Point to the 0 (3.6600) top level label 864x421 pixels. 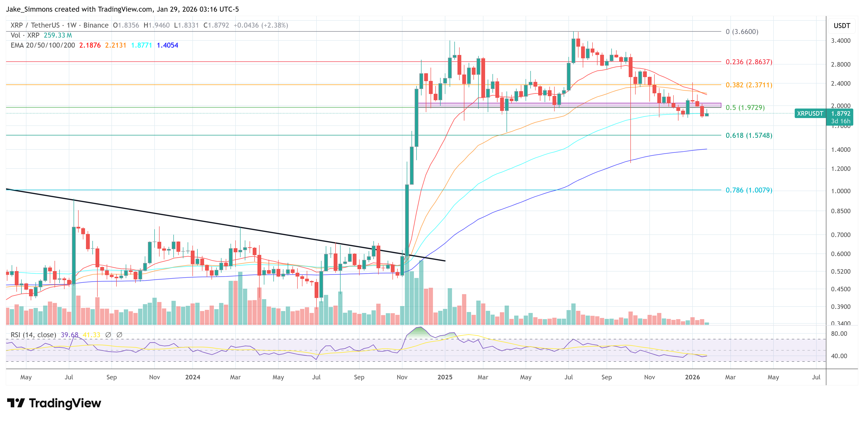(742, 31)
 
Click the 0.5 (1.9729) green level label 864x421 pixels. (745, 108)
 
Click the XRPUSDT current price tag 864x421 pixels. (810, 114)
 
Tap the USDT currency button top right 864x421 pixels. (842, 26)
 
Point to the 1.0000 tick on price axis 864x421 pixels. (840, 191)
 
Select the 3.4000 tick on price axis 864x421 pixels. (840, 40)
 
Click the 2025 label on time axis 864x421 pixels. (445, 377)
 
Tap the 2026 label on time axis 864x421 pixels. (692, 377)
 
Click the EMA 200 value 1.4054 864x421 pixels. (167, 45)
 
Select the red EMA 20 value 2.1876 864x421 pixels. (90, 45)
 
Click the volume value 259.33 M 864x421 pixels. (58, 35)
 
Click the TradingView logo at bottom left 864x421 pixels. (54, 403)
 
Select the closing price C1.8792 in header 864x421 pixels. (216, 25)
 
